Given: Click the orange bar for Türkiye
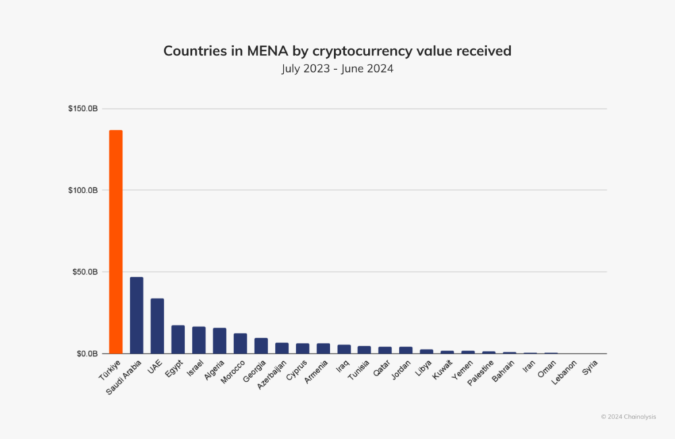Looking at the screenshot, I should click(x=115, y=241).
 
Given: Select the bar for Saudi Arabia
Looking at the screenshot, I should click(x=136, y=315).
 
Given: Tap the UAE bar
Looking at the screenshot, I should click(x=157, y=326).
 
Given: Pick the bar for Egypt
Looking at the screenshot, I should click(x=178, y=339).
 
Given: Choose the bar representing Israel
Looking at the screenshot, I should click(x=198, y=340).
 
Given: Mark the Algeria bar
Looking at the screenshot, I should click(x=220, y=341).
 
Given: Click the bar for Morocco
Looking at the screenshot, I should click(x=241, y=343).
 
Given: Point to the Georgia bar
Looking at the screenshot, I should click(x=261, y=346).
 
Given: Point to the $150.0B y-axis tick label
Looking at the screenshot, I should click(x=83, y=109).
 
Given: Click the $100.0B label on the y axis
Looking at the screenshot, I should click(x=83, y=190).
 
